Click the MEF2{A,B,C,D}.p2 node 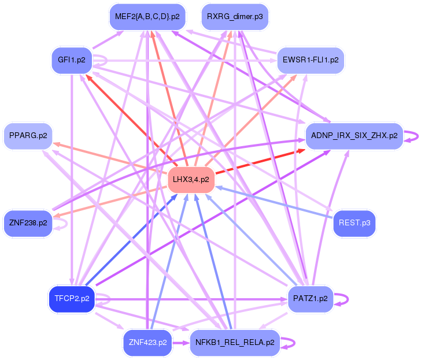147,17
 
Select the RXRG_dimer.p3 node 234,17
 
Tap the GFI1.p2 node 72,60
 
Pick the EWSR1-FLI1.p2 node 311,60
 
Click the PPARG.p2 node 28,137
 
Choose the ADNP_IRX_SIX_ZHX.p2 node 354,136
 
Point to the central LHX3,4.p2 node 191,180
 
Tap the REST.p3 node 354,222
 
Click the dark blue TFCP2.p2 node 72,299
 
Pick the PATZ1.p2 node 311,299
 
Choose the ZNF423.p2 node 147,343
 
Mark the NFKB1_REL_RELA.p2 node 234,343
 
